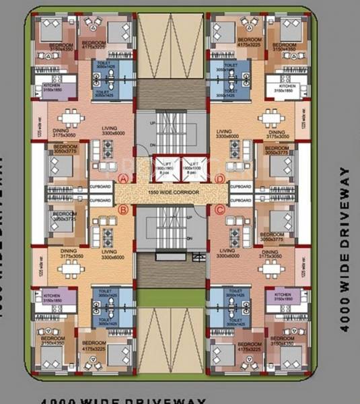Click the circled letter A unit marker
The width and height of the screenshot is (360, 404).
coord(123,178)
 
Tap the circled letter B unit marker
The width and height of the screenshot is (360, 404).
coord(123,209)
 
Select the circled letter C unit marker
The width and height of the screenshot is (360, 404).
coord(218,209)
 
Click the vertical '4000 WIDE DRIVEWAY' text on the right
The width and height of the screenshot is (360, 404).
coord(345,249)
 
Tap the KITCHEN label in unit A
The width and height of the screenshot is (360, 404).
coord(51,86)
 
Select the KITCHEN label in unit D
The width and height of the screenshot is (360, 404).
coord(287,86)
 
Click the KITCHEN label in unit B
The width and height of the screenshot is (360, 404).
coord(51,296)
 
